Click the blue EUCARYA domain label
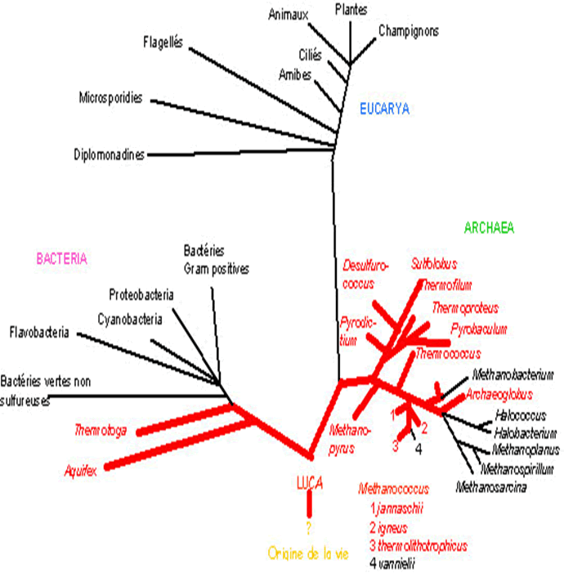pos(384,109)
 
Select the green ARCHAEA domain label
pos(489,229)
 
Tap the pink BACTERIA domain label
pos(61,258)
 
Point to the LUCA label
pos(309,483)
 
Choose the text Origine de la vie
pos(309,553)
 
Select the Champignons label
pos(409,31)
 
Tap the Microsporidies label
pos(110,98)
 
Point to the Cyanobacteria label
pos(130,318)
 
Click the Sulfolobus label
pos(434,264)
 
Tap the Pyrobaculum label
pos(479,329)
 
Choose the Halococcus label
pos(519,416)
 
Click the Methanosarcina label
pos(490,488)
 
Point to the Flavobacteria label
pos(39,333)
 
